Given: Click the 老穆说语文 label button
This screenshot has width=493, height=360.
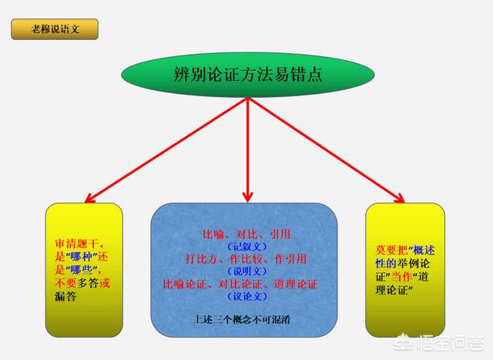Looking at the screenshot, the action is click(x=55, y=29).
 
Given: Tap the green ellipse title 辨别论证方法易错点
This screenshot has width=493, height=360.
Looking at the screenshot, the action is click(x=248, y=75).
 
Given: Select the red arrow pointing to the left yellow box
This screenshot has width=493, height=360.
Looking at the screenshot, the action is click(x=166, y=150).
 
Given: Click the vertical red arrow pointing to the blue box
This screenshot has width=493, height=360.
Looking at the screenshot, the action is click(x=248, y=150).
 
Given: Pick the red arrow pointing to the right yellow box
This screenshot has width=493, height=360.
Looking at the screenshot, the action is click(x=327, y=150).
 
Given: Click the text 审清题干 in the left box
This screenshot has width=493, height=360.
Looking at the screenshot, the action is click(x=76, y=244).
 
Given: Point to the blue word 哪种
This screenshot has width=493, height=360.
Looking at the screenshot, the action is click(x=81, y=257).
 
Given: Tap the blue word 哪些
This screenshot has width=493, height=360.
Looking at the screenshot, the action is click(x=81, y=270).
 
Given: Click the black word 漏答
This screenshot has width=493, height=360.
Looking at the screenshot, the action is click(x=65, y=297).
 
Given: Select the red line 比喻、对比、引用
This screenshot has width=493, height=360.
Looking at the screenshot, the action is click(x=246, y=234).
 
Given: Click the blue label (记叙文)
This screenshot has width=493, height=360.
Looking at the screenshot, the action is click(x=247, y=247).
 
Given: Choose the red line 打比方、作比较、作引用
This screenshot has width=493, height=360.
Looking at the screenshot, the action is click(x=246, y=259).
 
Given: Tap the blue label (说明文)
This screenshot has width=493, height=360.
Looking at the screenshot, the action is click(x=247, y=271).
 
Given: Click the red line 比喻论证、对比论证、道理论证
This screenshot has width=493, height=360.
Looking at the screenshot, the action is click(x=240, y=284).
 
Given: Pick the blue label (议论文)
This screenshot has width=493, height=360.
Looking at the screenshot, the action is click(x=247, y=297).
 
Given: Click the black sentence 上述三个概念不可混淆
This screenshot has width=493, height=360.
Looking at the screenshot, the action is click(x=241, y=320).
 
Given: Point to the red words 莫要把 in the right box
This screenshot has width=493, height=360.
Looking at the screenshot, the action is click(x=391, y=251).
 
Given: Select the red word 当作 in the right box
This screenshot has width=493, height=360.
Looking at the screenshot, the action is click(x=401, y=277).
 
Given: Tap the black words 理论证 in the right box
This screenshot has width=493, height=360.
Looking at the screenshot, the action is click(x=391, y=290).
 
